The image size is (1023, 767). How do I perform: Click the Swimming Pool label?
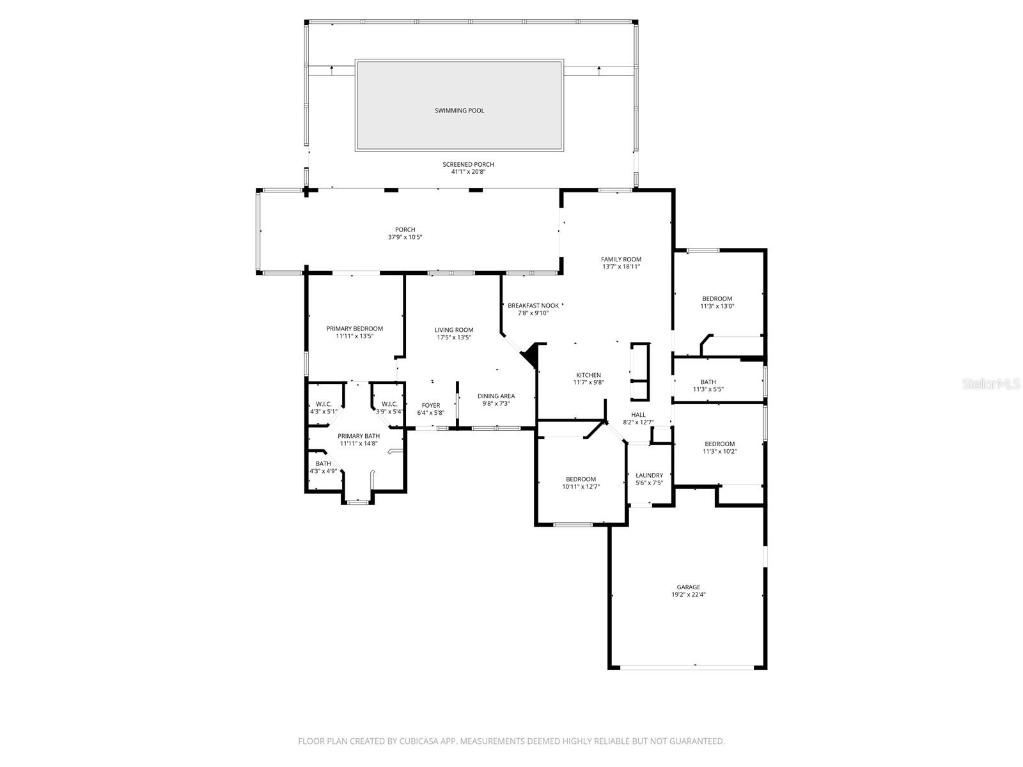point(459,111)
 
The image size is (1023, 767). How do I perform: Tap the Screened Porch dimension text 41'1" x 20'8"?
point(468,171)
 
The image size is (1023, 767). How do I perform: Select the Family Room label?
point(621,260)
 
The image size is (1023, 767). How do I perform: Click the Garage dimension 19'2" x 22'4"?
point(688,594)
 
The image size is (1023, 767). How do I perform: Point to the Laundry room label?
point(649,475)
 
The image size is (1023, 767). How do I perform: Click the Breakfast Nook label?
point(533,306)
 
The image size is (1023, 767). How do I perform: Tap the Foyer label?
point(430,405)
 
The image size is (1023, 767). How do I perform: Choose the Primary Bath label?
point(359,436)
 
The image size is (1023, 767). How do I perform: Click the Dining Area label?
point(496,396)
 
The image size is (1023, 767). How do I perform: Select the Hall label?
point(638,415)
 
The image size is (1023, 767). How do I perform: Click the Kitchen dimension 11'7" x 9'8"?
point(588,383)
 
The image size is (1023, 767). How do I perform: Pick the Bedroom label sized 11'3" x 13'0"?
point(717,298)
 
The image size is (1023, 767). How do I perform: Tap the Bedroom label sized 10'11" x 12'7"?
point(581,479)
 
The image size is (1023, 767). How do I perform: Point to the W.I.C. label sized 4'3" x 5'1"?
point(324,404)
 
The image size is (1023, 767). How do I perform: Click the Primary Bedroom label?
point(354,329)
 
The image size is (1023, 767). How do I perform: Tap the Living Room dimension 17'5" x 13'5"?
point(454,337)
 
